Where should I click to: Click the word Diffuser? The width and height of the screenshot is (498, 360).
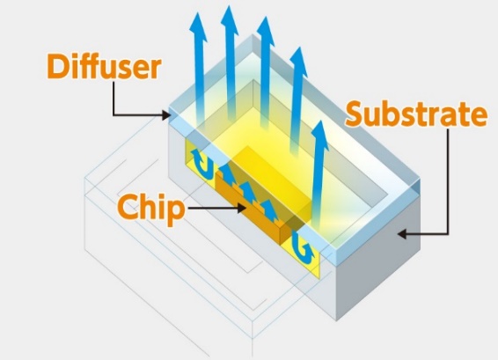104,66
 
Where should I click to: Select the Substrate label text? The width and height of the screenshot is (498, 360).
416,114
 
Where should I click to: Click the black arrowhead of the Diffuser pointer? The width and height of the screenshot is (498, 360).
167,115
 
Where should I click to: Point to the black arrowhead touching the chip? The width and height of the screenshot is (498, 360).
241,208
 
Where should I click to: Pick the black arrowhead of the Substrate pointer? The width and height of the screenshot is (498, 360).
402,234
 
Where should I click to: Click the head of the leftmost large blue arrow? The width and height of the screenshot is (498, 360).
198,27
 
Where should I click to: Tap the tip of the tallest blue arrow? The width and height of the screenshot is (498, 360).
230,5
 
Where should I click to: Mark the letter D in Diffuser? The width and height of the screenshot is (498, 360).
58,66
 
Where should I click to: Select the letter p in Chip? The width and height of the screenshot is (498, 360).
175,212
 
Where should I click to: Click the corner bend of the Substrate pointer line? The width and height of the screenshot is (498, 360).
448,234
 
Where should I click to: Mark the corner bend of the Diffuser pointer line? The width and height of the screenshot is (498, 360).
114,114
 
